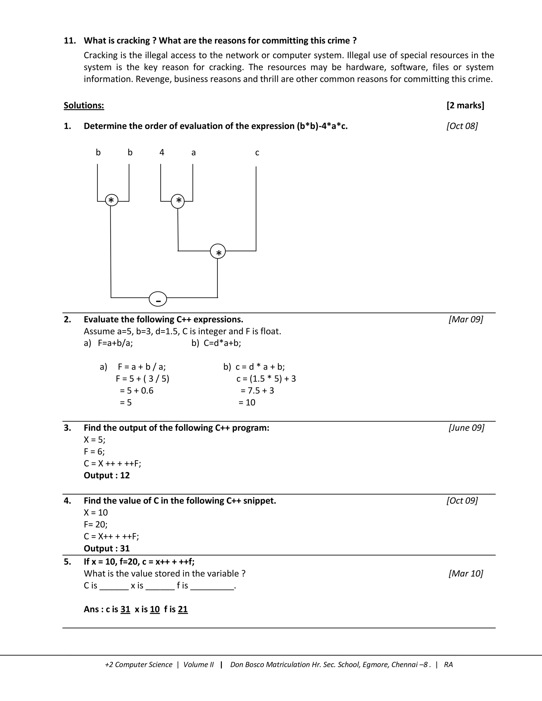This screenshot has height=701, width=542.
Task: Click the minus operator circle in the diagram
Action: [x=158, y=299]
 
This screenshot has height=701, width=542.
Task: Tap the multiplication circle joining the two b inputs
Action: [x=111, y=200]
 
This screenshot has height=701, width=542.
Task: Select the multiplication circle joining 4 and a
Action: [x=178, y=201]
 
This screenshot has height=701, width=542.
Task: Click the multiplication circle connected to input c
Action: [x=218, y=251]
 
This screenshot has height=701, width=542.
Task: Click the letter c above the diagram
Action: [x=257, y=153]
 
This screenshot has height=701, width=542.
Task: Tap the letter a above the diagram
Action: [x=193, y=153]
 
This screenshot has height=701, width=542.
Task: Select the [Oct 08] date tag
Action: [x=462, y=126]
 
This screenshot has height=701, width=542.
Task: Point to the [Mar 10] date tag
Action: [x=466, y=573]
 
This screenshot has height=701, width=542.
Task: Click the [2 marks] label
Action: [x=465, y=105]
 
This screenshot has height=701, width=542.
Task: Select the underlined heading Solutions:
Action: [x=84, y=105]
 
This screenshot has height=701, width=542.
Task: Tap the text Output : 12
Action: [x=107, y=475]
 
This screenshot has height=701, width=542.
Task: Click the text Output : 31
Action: [x=107, y=548]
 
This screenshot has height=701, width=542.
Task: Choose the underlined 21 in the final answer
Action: [x=183, y=609]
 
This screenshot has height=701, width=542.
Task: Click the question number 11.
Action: [x=70, y=40]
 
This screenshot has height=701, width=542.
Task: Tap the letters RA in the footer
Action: [x=448, y=664]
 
